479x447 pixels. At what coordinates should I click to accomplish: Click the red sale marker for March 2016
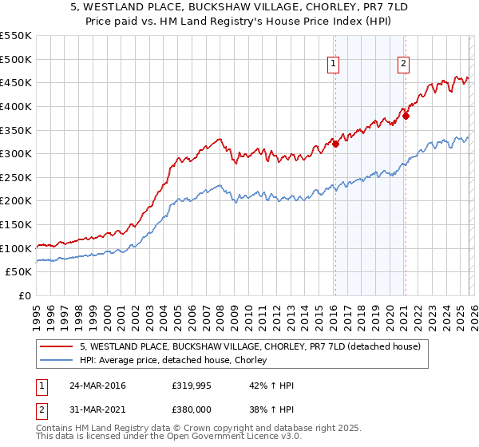click(x=335, y=144)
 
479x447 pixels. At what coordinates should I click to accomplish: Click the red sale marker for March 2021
click(x=406, y=116)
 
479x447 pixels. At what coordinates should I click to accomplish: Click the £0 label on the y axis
click(x=24, y=295)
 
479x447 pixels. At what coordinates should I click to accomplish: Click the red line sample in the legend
click(x=57, y=346)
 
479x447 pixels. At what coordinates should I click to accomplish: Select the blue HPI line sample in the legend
click(x=57, y=360)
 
